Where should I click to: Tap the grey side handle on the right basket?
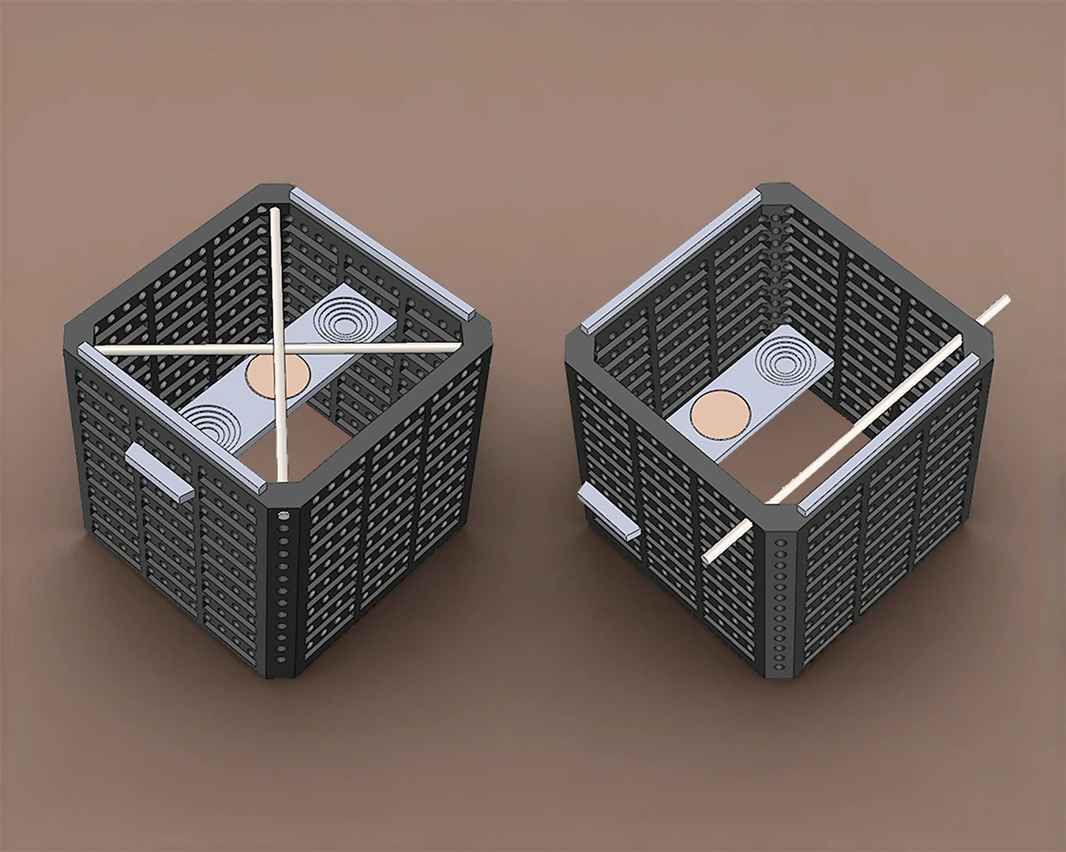(x=608, y=512)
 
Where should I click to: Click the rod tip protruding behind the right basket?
(x=1003, y=299)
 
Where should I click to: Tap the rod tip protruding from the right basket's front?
(x=707, y=556)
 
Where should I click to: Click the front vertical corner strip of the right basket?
(x=781, y=600)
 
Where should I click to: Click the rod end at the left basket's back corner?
(x=274, y=213)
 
